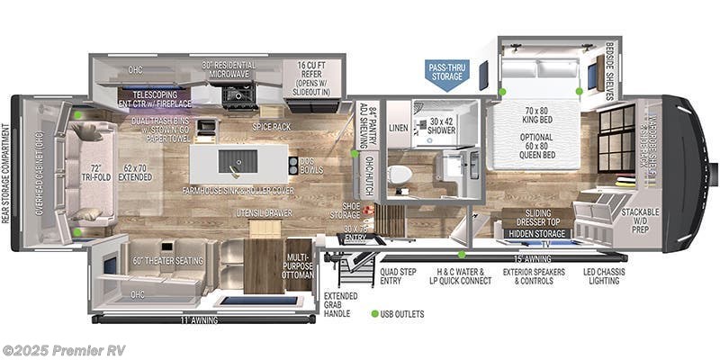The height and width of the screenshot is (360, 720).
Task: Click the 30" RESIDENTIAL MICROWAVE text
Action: click(x=229, y=71)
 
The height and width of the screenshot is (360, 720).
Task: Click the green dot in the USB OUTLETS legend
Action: click(x=374, y=313)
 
